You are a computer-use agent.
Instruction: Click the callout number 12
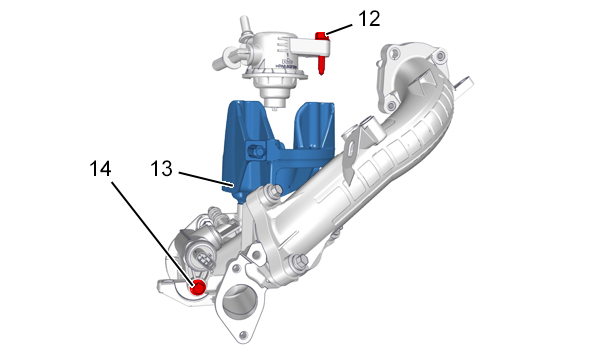[369, 19]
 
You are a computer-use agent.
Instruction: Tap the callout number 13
[162, 169]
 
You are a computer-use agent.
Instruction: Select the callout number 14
[100, 169]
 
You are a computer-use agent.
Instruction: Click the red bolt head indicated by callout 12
[320, 36]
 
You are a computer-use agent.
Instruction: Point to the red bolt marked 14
[198, 287]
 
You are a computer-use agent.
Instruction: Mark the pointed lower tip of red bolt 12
[321, 73]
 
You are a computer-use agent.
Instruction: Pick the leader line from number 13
[206, 178]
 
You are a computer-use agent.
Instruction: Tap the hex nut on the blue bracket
[255, 151]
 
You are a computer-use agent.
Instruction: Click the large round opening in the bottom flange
[238, 300]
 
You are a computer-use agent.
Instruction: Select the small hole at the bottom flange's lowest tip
[243, 335]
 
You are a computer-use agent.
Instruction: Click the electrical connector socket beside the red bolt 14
[201, 257]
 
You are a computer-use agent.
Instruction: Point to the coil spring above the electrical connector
[215, 214]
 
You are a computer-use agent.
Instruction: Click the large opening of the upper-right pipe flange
[408, 75]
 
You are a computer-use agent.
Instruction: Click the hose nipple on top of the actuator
[245, 24]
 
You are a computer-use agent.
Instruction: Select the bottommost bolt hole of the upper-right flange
[390, 105]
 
